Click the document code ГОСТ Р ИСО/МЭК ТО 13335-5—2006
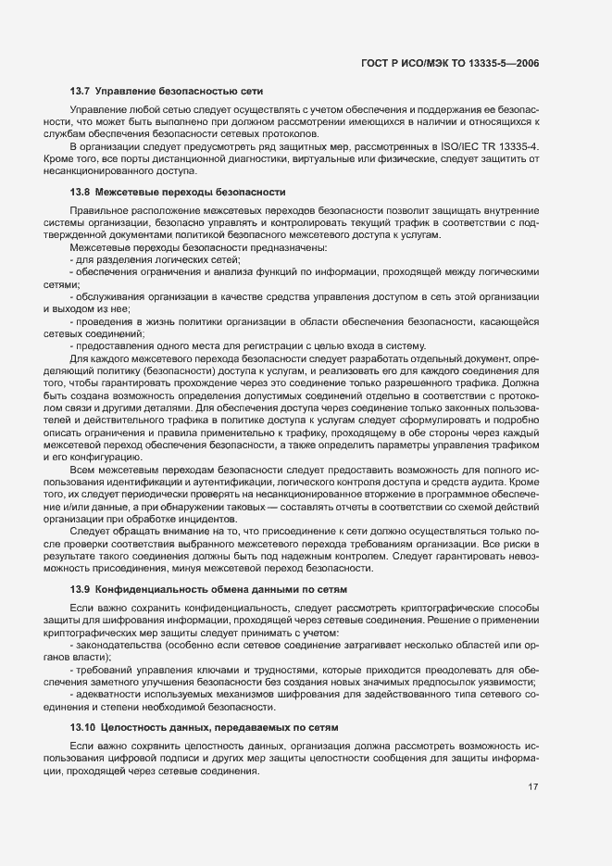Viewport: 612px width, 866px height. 451,62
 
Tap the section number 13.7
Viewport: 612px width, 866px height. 80,91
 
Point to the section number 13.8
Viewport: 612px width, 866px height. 80,193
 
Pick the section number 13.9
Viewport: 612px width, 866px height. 80,589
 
